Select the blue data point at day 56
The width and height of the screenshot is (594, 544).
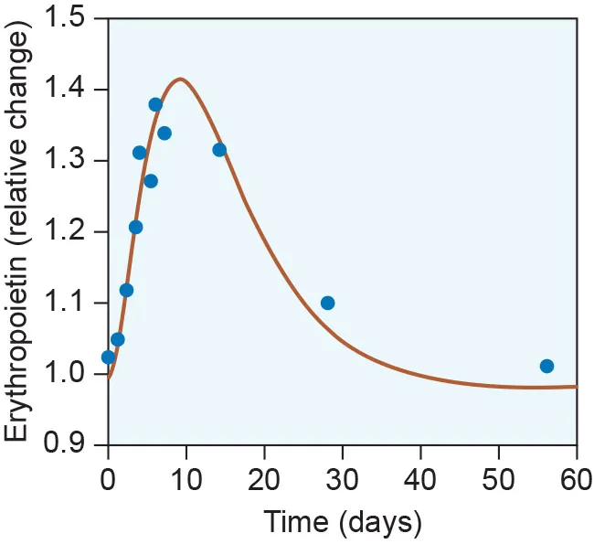(546, 366)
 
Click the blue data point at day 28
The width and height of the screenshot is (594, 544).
(328, 303)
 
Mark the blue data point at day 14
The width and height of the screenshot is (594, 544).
(219, 150)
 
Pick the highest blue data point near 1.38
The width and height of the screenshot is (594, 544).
(155, 104)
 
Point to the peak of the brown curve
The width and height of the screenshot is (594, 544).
(181, 80)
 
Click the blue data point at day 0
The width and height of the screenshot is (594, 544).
(108, 357)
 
